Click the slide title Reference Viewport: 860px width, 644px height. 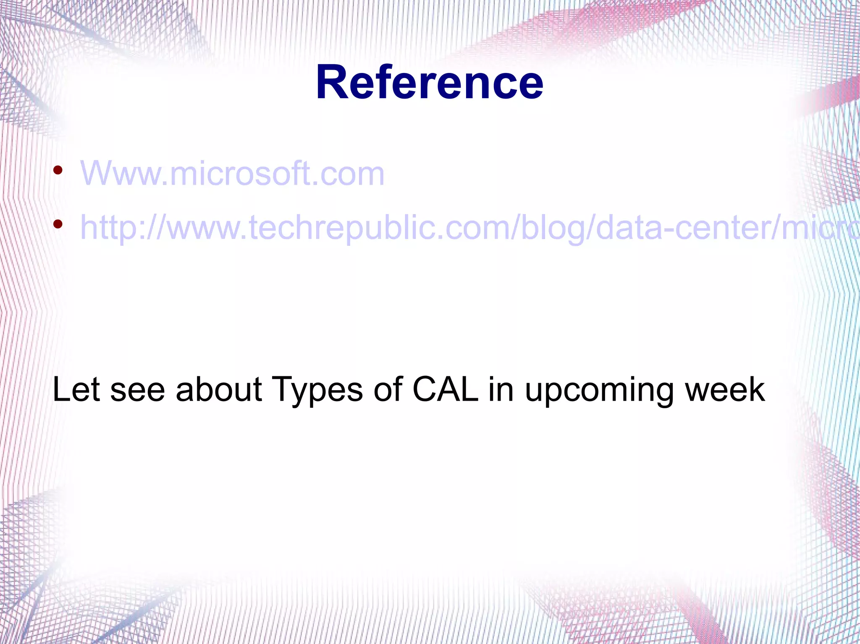[x=430, y=83]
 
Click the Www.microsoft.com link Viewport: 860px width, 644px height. [x=232, y=173]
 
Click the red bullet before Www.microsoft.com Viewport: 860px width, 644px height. [x=58, y=170]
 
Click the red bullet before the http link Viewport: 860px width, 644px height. [x=58, y=224]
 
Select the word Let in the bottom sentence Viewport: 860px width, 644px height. [x=76, y=389]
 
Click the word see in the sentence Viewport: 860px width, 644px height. [x=137, y=389]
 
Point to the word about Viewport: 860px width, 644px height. [x=219, y=389]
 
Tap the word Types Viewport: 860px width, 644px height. [x=317, y=389]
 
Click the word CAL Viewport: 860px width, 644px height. [x=445, y=389]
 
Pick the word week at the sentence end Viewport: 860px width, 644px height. [x=725, y=389]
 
